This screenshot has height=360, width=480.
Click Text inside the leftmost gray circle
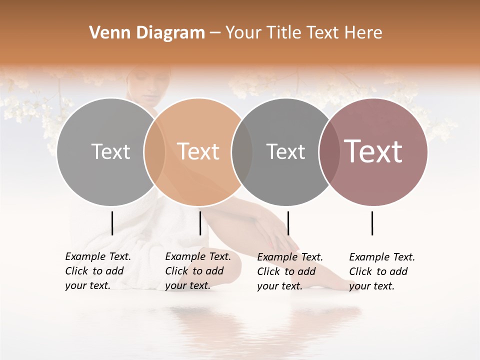[110, 151]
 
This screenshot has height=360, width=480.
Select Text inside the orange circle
[198, 151]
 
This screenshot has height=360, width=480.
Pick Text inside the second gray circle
[285, 151]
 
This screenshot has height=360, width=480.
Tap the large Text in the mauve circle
[373, 151]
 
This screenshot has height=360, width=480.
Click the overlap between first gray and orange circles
[154, 151]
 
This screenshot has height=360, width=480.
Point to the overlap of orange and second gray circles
[242, 151]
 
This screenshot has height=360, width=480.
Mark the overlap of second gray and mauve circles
[329, 151]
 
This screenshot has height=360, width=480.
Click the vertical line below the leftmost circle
[112, 223]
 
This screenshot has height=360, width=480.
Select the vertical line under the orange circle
[200, 223]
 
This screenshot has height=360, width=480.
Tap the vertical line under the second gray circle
[288, 223]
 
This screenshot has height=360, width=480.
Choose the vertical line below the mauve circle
[372, 223]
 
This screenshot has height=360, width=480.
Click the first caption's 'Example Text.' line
[98, 256]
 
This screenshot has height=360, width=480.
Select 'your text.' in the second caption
[187, 285]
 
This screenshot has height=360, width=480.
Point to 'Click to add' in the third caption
[286, 271]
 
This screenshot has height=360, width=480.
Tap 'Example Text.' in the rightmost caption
[382, 257]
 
